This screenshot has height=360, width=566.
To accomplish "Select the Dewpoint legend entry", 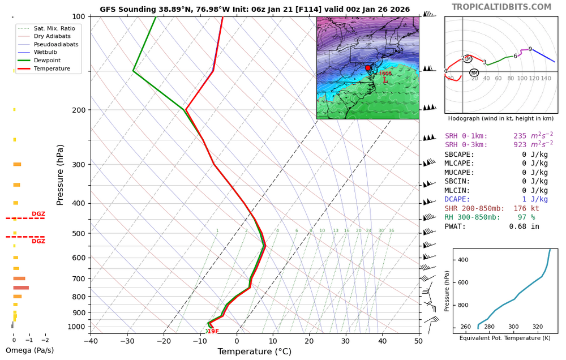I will tap(47, 61).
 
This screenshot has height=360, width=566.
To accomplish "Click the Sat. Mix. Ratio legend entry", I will tap(54, 28).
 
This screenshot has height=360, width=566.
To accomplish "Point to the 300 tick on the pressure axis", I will tap(78, 165).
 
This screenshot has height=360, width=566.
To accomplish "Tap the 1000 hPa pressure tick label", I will tap(75, 327).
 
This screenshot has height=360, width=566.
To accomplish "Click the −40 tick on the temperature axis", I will tap(91, 340).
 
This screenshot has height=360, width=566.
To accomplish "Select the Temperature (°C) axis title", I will tap(255, 352).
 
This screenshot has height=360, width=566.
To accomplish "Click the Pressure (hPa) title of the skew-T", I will tap(61, 174).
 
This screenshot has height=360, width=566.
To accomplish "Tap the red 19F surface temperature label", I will tap(212, 332).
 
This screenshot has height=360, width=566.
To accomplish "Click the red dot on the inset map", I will tap(368, 68).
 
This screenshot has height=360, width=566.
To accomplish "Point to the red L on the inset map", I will tap(385, 80).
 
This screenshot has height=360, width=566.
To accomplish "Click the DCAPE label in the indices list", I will tap(456, 199).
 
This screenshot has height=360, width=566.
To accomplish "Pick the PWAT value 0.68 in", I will tap(524, 226).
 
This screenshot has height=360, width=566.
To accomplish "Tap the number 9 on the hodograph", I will tap(530, 49).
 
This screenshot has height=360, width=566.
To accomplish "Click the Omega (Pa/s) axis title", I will tap(29, 350).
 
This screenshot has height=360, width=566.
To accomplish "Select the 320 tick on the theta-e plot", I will tap(538, 327).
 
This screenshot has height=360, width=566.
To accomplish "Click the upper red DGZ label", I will tap(38, 214).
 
